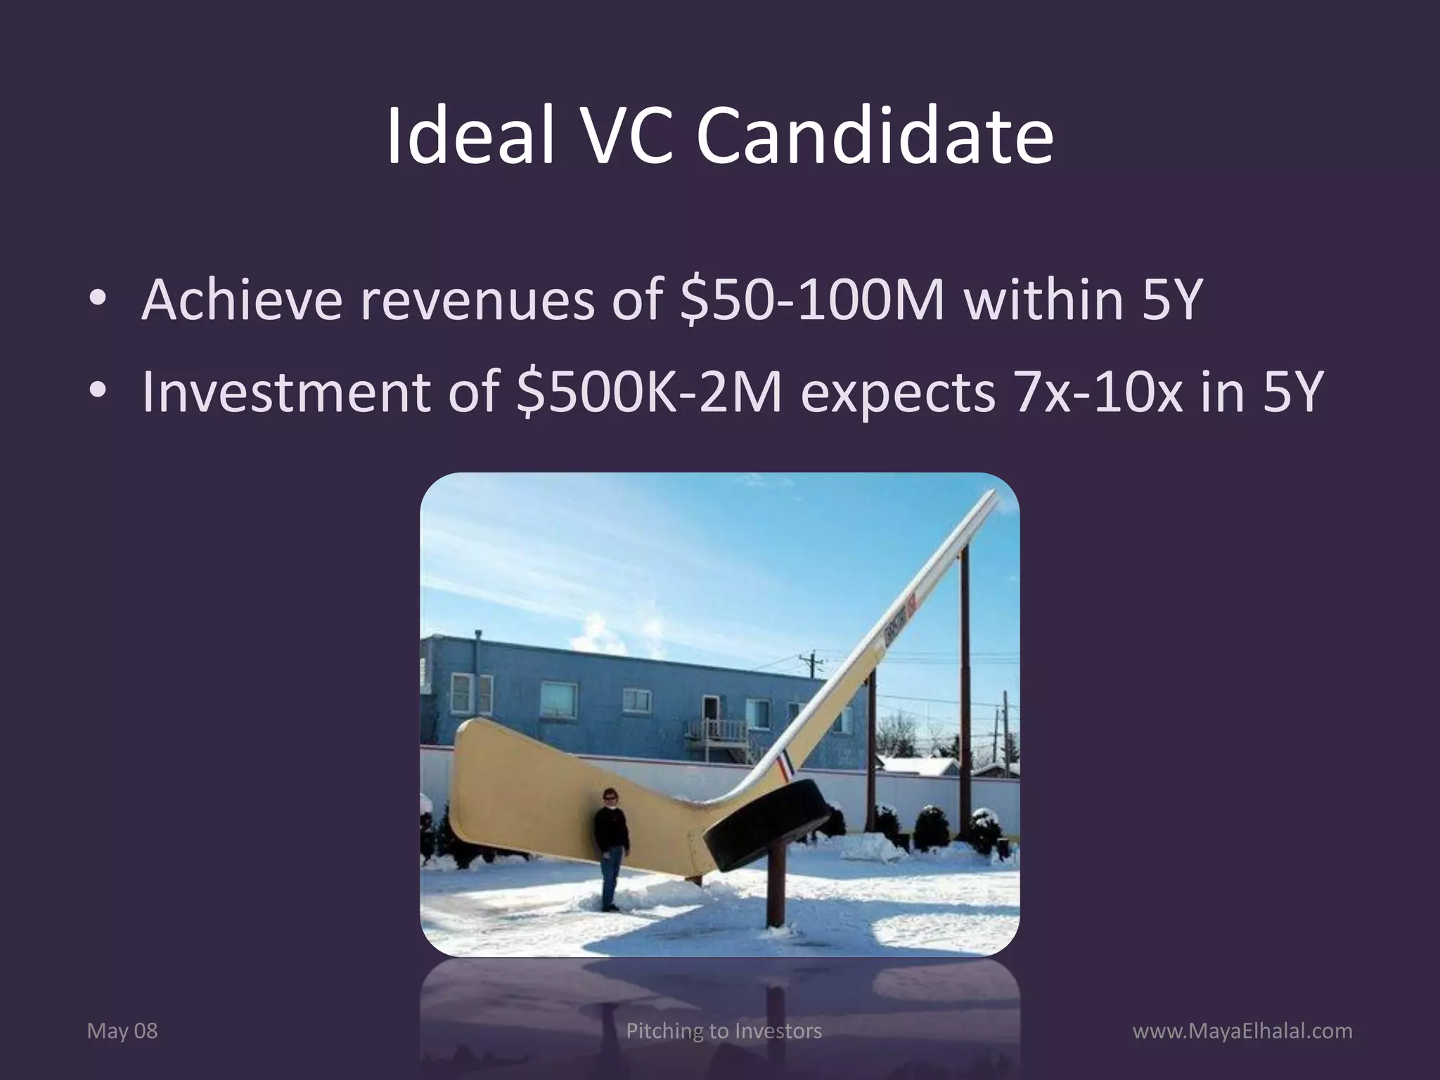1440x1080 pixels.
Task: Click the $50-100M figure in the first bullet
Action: click(812, 300)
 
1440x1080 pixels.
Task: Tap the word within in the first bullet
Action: click(1044, 300)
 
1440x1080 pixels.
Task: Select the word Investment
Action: click(285, 392)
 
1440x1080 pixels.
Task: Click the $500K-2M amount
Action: click(648, 392)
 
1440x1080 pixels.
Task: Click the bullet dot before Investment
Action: click(98, 390)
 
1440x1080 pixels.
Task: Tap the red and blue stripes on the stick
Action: click(783, 768)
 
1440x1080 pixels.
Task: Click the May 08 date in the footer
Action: click(122, 1031)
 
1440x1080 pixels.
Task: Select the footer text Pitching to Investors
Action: click(724, 1031)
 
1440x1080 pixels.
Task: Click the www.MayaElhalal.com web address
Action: click(1242, 1031)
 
